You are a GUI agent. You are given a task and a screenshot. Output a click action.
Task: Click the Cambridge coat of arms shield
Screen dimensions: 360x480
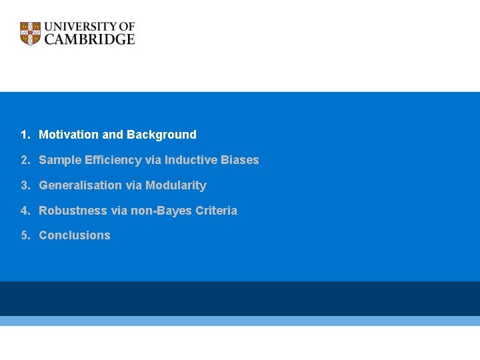point(30,33)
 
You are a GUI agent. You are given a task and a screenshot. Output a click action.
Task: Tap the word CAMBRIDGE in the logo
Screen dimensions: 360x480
point(89,39)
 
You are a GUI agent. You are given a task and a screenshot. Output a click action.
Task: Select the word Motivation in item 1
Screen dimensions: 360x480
point(69,135)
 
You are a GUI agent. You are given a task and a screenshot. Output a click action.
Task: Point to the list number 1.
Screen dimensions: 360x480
point(24,135)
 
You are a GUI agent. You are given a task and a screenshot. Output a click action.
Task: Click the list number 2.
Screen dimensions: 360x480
point(24,160)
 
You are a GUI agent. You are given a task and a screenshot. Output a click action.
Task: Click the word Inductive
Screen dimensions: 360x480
point(189,160)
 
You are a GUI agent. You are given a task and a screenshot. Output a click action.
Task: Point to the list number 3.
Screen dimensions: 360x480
point(24,185)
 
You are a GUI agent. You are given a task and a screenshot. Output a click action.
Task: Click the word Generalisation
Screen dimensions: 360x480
point(81,185)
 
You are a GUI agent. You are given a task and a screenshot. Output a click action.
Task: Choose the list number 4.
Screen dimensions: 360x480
point(24,211)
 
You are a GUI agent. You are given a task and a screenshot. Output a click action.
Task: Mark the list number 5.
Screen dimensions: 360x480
point(24,235)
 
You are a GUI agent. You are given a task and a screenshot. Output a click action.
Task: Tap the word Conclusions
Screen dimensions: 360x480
point(75,235)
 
